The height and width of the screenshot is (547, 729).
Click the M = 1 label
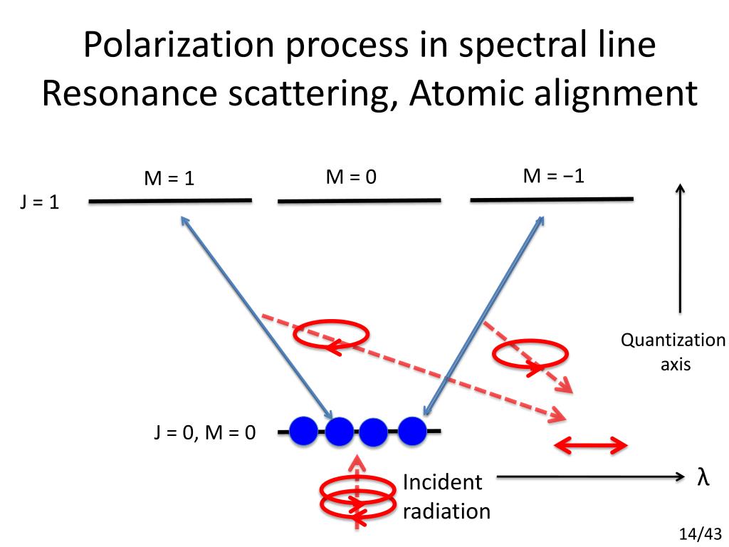pyautogui.click(x=169, y=178)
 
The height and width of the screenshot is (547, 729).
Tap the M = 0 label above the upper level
pyautogui.click(x=350, y=177)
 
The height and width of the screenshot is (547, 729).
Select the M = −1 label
pyautogui.click(x=553, y=175)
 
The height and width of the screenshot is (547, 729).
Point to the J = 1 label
pyautogui.click(x=39, y=202)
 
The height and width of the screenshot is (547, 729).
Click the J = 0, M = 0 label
pyautogui.click(x=204, y=432)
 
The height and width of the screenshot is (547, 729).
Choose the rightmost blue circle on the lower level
pyautogui.click(x=412, y=429)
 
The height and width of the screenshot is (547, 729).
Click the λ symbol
pyautogui.click(x=703, y=476)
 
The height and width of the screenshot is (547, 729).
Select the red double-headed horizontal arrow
pyautogui.click(x=591, y=447)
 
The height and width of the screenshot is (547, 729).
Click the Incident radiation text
pyautogui.click(x=446, y=496)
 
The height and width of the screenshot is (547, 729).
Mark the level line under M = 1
pyautogui.click(x=170, y=201)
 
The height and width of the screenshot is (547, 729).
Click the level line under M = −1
pyautogui.click(x=552, y=199)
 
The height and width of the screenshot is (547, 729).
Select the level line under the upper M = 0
pyautogui.click(x=360, y=201)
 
